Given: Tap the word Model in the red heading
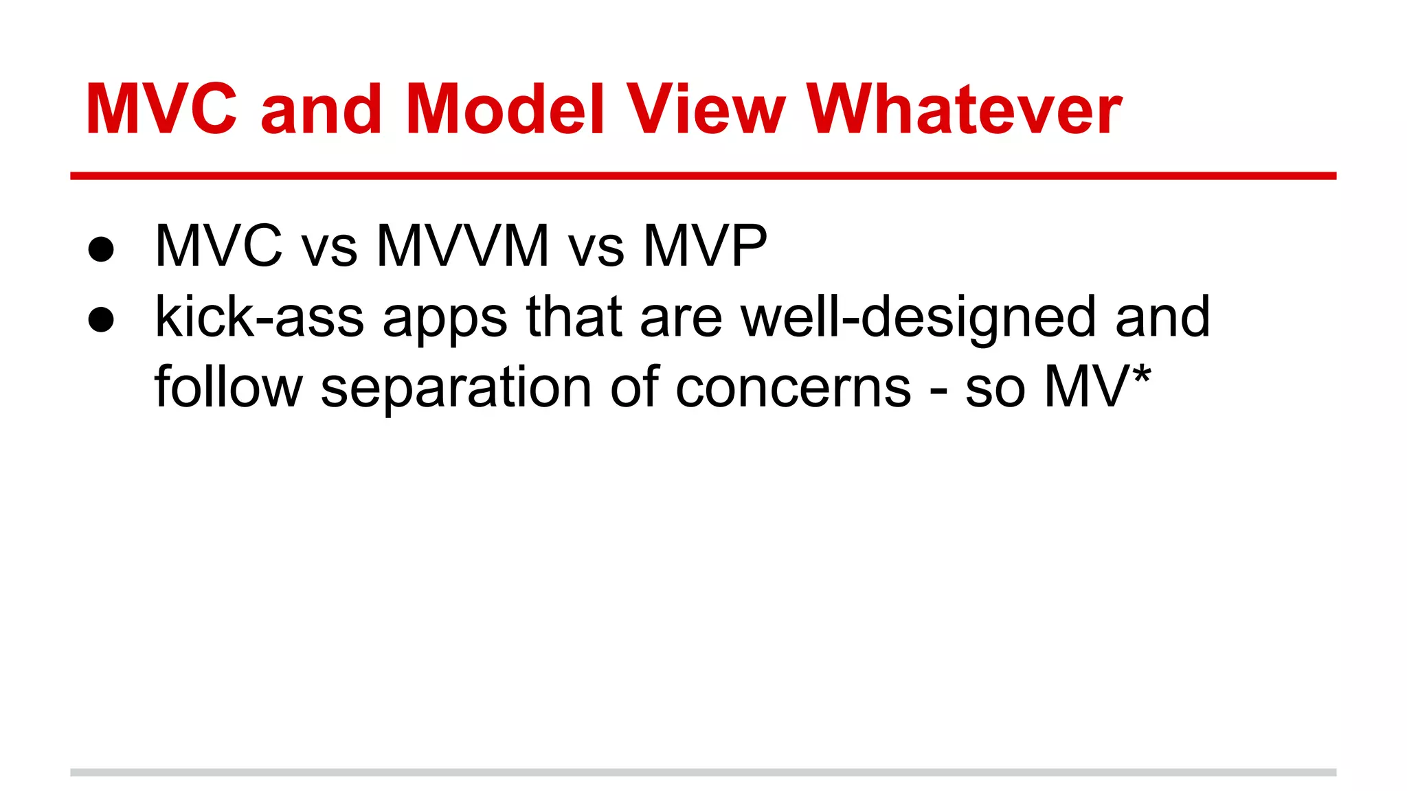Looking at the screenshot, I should click(x=505, y=110).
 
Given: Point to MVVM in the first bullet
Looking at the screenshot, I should click(x=462, y=246).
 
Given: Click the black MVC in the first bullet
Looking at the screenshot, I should click(x=218, y=246).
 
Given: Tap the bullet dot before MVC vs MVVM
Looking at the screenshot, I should click(x=101, y=249).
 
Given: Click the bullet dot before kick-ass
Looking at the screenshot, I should click(x=101, y=320).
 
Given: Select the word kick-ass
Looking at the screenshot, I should click(x=259, y=317).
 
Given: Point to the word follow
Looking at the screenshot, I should click(x=228, y=387).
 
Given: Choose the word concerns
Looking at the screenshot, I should click(x=793, y=389).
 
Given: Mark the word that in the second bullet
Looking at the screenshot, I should click(x=574, y=317).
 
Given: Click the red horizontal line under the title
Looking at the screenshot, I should click(x=703, y=176).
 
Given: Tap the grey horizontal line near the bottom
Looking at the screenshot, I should click(x=703, y=772).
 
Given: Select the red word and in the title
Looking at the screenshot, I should click(x=321, y=110).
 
